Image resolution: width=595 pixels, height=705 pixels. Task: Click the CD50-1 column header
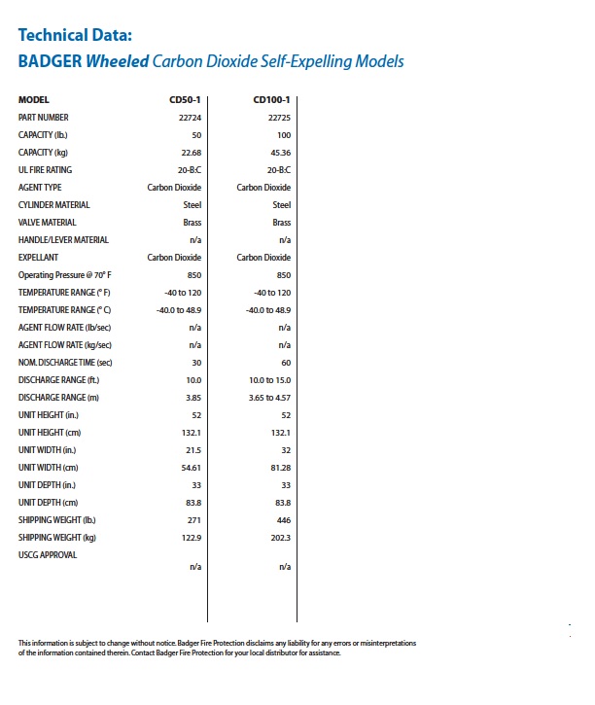[185, 100]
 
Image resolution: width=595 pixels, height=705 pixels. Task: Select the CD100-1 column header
[271, 100]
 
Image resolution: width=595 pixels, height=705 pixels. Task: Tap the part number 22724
[190, 118]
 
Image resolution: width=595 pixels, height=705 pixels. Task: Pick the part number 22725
[279, 118]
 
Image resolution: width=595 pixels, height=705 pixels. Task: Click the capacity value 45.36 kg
[279, 153]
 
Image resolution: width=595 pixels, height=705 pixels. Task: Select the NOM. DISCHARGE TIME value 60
[286, 363]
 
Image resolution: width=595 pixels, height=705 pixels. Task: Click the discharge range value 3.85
[192, 398]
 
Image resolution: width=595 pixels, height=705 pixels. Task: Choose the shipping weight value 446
[283, 520]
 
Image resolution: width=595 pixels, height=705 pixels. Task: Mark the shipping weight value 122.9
[192, 538]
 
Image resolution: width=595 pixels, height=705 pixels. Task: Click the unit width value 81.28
[279, 468]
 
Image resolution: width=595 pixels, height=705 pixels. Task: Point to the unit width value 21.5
[192, 450]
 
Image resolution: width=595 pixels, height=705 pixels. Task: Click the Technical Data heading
[74, 37]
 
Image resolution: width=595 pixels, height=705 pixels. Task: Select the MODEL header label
[34, 100]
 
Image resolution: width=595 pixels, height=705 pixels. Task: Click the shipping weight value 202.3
[279, 538]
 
